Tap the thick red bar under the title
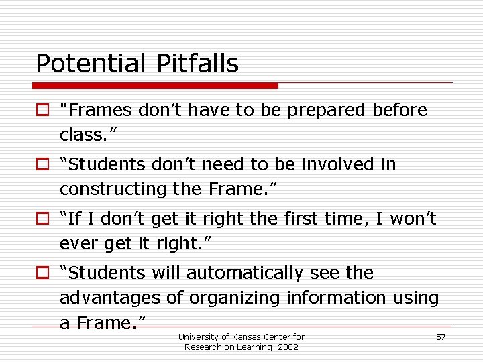pyautogui.click(x=156, y=86)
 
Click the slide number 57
pyautogui.click(x=441, y=337)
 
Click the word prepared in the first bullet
pyautogui.click(x=326, y=110)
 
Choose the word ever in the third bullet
pyautogui.click(x=79, y=243)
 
